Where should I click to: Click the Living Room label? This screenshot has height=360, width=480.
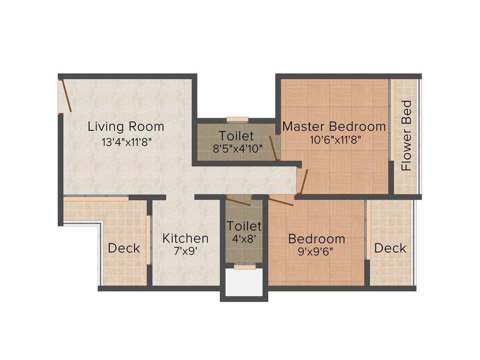coord(126,127)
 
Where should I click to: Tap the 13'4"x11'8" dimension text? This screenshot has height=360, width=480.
coord(126,142)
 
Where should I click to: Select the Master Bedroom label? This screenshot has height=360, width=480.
coord(334,127)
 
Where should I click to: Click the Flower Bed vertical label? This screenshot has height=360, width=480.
coord(406,135)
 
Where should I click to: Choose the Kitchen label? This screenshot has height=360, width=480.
coord(185,238)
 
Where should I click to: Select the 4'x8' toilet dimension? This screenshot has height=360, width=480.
coord(244,238)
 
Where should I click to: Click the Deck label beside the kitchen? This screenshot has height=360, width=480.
coord(124,248)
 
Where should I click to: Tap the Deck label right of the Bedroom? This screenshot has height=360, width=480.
coord(390,248)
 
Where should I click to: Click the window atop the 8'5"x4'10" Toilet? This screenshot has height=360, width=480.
coord(237,119)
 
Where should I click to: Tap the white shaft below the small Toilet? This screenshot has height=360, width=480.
coord(244,283)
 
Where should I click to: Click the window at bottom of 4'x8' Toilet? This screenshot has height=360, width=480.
coord(245,267)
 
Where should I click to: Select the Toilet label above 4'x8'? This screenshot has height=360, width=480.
coord(244,226)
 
